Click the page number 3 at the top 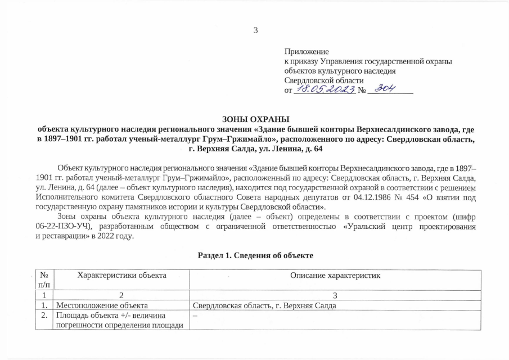(255, 30)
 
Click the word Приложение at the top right (307, 52)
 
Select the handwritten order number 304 (385, 89)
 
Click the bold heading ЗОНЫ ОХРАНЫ (255, 119)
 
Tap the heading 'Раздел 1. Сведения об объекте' (255, 256)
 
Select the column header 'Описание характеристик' (335, 275)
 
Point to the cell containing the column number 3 (335, 295)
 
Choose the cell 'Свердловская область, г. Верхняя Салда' (264, 305)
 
